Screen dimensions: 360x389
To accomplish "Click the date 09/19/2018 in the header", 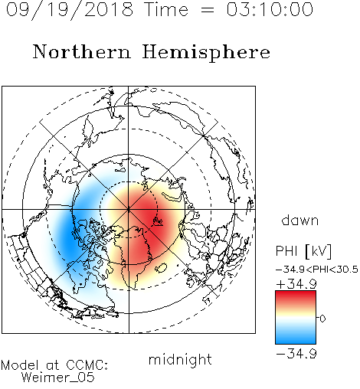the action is tap(70, 10).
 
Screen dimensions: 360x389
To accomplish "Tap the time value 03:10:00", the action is tap(270, 9).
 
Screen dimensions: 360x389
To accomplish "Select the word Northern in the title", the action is tap(82, 51).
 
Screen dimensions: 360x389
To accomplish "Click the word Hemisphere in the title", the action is tap(206, 53).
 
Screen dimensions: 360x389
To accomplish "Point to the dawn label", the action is tap(300, 220).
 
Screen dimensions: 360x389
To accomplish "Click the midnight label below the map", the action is tap(180, 359).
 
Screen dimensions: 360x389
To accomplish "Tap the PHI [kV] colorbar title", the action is tap(303, 251).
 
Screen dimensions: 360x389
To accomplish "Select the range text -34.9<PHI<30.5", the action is tap(317, 270).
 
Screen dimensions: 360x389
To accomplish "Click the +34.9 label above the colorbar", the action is tap(296, 284).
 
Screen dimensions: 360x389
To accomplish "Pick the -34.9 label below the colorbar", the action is tap(296, 354).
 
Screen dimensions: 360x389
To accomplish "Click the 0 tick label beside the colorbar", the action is tap(322, 319).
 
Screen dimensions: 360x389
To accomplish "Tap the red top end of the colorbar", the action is tap(296, 293).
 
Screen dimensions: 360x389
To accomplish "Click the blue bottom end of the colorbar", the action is tap(296, 342).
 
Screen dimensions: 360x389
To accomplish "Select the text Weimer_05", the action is tap(58, 378).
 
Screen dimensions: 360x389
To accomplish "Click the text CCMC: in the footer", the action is tap(87, 365).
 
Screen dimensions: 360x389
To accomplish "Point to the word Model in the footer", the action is tap(20, 365).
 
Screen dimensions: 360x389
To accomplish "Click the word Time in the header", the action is tap(166, 9).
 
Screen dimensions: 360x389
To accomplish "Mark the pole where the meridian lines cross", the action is tap(129, 210).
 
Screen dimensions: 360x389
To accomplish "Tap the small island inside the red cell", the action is tap(158, 221).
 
